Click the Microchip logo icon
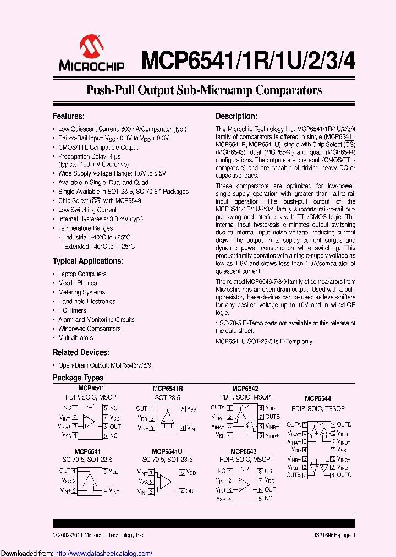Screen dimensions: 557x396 [91, 47]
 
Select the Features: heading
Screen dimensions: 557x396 [68, 116]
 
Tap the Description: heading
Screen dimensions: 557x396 [236, 116]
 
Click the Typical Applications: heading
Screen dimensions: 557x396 [88, 261]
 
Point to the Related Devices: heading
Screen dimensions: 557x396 [80, 352]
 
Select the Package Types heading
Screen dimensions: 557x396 [78, 378]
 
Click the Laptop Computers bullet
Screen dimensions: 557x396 [82, 274]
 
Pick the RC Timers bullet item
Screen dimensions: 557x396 [72, 310]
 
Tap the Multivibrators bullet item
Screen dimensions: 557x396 [75, 338]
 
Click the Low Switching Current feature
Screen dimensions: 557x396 [87, 210]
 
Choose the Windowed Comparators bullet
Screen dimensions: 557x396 [89, 329]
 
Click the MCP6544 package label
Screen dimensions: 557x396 [318, 398]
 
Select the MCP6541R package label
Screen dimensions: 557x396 [167, 388]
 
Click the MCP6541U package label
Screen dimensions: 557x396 [167, 451]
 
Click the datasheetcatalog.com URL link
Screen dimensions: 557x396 [102, 553]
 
